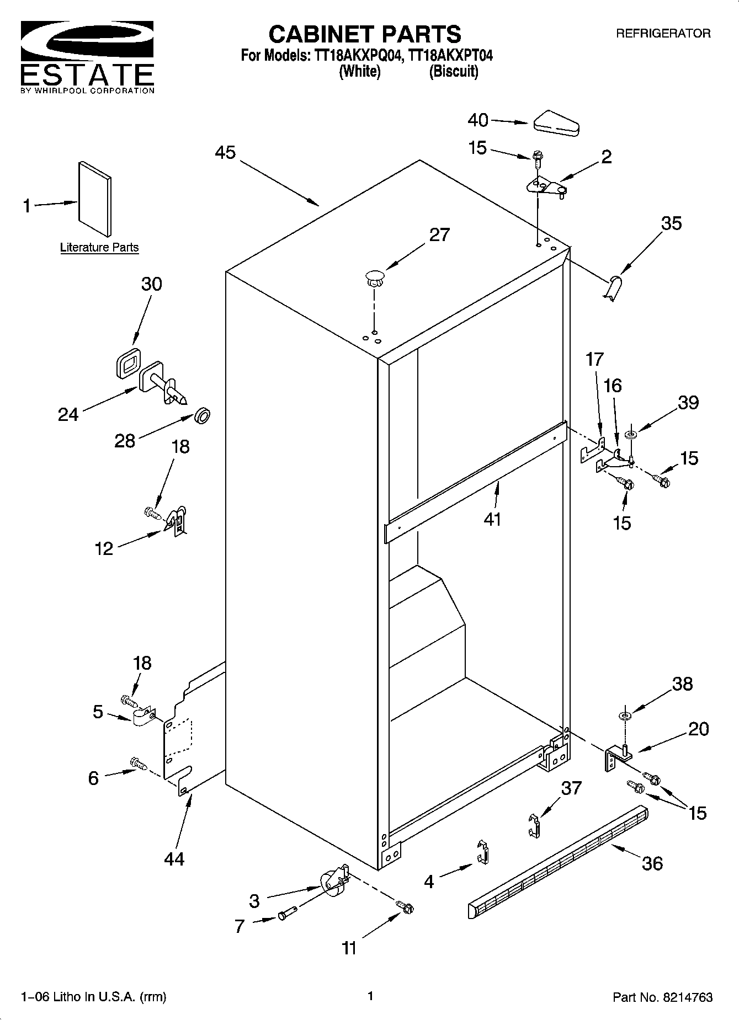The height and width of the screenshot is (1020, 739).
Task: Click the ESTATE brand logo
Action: point(87,57)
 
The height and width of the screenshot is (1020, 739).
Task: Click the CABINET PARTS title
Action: point(364,34)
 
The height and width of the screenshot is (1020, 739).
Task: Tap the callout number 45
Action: point(225,152)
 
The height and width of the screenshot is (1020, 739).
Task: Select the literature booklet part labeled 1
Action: point(95,199)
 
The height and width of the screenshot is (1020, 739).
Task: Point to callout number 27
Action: point(439,235)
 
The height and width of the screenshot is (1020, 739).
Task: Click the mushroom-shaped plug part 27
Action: point(374,277)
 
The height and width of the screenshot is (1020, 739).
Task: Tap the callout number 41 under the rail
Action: point(492,519)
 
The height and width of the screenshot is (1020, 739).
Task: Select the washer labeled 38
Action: point(624,716)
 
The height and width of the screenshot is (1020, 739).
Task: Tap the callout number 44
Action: point(174,859)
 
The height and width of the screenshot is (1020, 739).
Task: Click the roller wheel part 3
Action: point(333,880)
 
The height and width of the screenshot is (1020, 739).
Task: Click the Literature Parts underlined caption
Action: point(99,248)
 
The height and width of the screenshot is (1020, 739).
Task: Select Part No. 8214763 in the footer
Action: point(662,997)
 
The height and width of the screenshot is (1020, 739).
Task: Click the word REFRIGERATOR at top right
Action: point(663,33)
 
